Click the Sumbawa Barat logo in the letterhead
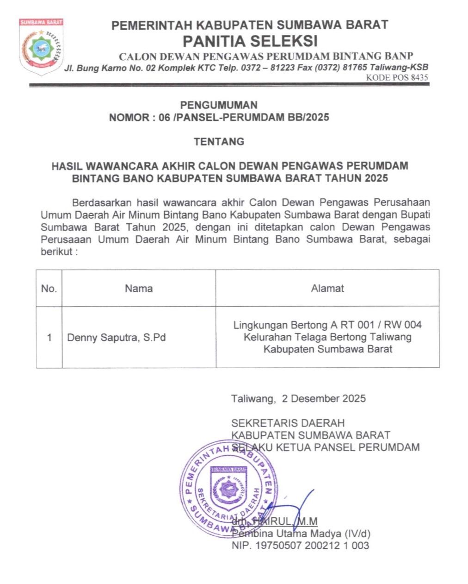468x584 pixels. tap(41, 46)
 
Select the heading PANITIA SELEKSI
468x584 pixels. tap(250, 41)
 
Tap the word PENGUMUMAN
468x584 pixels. tap(219, 105)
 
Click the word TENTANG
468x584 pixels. tap(219, 142)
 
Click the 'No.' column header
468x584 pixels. tap(49, 289)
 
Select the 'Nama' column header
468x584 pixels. tap(139, 289)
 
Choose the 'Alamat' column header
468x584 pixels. tap(327, 289)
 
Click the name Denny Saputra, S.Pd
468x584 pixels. tap(117, 338)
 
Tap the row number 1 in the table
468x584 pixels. tap(49, 338)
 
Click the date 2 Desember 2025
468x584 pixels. tap(324, 398)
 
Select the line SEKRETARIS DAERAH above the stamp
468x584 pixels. tap(288, 423)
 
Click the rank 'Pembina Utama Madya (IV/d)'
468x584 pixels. tap(301, 534)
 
